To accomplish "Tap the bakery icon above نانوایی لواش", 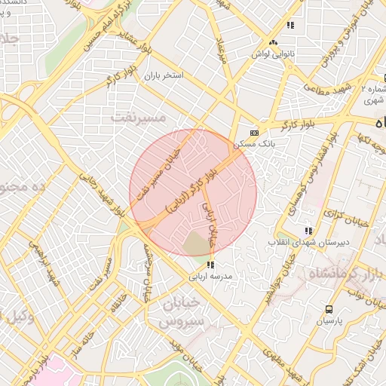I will pos(290,26).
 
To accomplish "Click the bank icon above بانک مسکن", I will pos(254,131).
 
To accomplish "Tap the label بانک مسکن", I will pos(253,142).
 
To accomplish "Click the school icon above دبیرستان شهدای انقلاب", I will pos(307,231).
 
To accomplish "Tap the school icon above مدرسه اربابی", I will pos(210,265).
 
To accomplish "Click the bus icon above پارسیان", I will pos(329,309).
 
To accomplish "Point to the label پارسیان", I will pos(329,321).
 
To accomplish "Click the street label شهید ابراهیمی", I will pos(40,265).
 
